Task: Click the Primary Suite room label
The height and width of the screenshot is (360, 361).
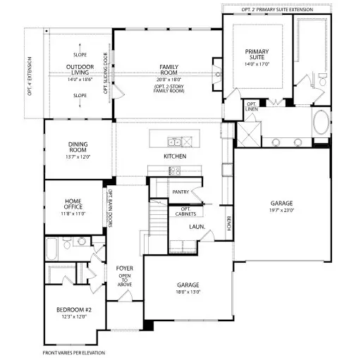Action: point(257,54)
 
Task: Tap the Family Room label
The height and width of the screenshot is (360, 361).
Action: point(168,69)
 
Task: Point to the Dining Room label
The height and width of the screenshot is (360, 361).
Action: point(78,147)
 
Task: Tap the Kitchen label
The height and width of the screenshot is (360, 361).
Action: point(174,156)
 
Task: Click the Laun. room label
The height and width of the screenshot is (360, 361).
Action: point(197,227)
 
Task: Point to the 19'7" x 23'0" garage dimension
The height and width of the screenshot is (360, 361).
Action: point(281,210)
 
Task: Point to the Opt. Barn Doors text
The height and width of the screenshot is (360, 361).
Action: point(110,205)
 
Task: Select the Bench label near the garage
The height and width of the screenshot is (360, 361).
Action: point(229,223)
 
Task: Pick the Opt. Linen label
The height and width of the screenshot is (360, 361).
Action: point(252,106)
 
